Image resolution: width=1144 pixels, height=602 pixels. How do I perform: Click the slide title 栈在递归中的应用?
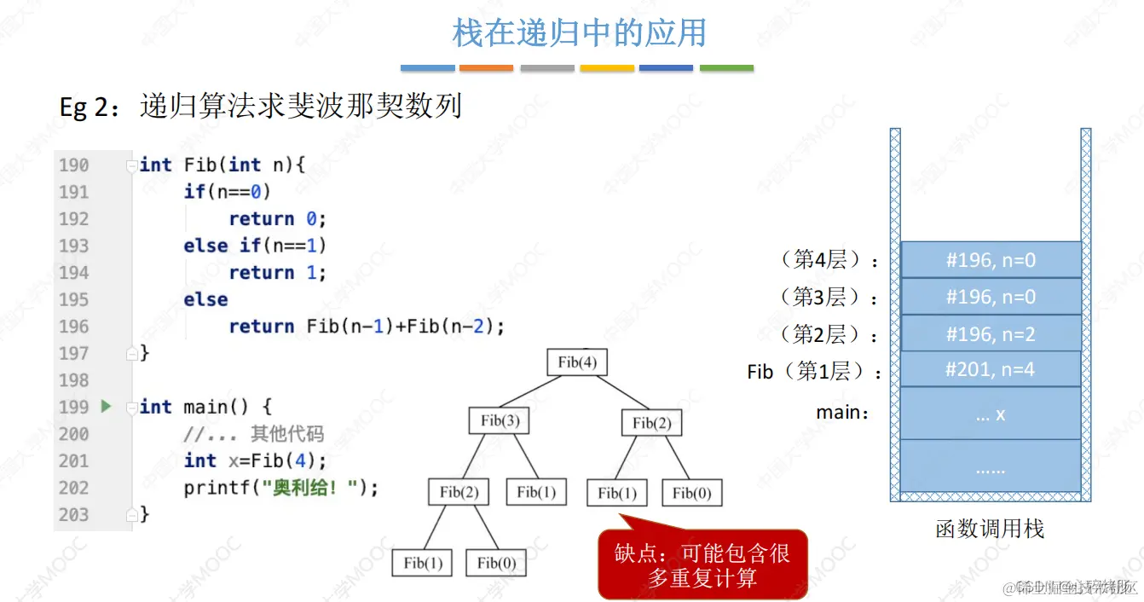click(579, 33)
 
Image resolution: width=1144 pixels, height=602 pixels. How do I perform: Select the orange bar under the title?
click(486, 68)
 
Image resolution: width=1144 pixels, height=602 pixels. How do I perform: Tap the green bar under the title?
click(726, 68)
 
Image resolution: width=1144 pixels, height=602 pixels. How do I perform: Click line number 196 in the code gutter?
click(73, 327)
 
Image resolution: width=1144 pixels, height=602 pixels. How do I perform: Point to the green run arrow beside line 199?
click(106, 407)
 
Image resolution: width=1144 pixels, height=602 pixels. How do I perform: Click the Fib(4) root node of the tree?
click(577, 362)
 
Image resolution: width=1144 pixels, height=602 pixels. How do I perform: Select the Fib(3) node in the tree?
click(500, 420)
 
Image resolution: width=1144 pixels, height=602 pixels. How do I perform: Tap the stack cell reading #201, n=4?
click(991, 370)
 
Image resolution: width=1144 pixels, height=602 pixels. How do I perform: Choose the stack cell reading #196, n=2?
click(991, 333)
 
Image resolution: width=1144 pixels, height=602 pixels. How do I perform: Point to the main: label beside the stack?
click(843, 413)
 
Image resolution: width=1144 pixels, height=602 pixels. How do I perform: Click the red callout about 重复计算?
click(702, 564)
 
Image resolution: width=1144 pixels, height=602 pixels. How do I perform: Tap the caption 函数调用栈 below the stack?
click(989, 530)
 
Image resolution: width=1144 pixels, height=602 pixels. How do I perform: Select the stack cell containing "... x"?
click(991, 414)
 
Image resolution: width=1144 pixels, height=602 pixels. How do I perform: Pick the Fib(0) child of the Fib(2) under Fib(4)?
click(691, 493)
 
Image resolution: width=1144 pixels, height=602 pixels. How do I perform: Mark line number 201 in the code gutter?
click(73, 461)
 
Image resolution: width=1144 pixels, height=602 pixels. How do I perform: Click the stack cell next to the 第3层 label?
click(991, 297)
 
